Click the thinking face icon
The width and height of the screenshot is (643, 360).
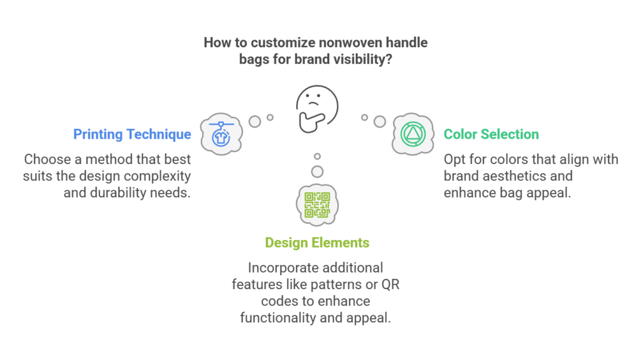pos(317,109)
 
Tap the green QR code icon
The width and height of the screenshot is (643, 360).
pos(317,204)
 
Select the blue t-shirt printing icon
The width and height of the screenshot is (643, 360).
pos(222,134)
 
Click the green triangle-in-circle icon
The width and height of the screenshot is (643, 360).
pos(413,134)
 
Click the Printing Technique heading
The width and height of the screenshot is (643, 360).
pos(132,134)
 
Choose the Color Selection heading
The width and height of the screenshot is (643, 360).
pos(491,134)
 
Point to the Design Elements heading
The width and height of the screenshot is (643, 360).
pos(317,243)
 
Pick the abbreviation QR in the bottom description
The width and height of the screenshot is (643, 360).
pos(391,285)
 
